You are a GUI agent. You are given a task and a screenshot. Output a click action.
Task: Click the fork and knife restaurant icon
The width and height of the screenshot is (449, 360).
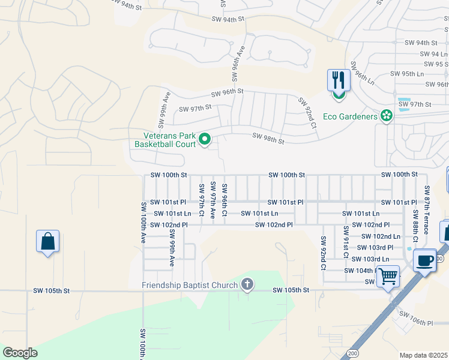(x=339, y=80)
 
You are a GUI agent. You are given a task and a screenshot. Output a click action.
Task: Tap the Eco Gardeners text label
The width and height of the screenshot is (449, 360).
(x=349, y=116)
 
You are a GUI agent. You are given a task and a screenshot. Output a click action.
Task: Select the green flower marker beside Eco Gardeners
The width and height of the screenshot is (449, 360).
(x=386, y=116)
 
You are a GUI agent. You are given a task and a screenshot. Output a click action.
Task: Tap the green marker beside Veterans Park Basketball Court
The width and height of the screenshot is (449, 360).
(x=205, y=140)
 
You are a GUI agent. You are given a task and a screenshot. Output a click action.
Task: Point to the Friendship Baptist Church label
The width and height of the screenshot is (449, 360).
(x=189, y=284)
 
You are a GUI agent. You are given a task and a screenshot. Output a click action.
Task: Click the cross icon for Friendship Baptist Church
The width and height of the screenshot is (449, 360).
(x=247, y=284)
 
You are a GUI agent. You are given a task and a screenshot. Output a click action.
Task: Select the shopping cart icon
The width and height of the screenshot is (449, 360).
(x=388, y=277)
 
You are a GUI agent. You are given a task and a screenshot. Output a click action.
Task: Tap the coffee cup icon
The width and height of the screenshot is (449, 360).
(x=425, y=261)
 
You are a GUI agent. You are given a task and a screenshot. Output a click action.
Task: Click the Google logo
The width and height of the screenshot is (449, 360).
(x=20, y=353)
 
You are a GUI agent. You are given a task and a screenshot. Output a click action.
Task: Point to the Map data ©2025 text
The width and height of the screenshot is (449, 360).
(x=423, y=355)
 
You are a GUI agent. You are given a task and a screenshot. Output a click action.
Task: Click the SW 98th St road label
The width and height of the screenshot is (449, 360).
(x=268, y=139)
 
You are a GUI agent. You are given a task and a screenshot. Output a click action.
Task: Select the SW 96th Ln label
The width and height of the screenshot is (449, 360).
(x=364, y=73)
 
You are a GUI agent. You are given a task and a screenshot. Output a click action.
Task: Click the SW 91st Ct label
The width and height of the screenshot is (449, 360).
(x=346, y=242)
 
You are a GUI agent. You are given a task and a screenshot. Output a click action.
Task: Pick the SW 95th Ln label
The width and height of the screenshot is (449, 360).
(x=407, y=74)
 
